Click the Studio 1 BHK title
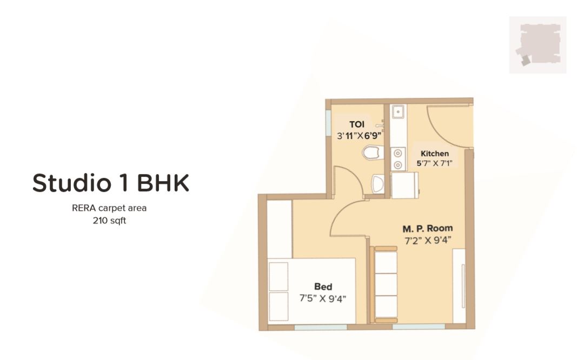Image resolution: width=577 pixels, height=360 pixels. coord(111,183)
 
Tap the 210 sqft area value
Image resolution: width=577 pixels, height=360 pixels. coord(109,221)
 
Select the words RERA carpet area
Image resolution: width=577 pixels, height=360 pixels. coord(109,208)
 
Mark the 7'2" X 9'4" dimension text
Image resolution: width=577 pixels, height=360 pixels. coord(428,241)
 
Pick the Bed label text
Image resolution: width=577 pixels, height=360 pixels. coord(323,286)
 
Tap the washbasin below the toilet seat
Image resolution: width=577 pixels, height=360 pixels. coord(377,184)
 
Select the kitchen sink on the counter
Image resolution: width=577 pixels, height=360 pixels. coord(398,112)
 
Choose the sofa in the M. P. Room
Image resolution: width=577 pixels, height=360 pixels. coord(386,284)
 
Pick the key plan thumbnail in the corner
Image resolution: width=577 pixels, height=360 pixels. coord(538,45)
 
